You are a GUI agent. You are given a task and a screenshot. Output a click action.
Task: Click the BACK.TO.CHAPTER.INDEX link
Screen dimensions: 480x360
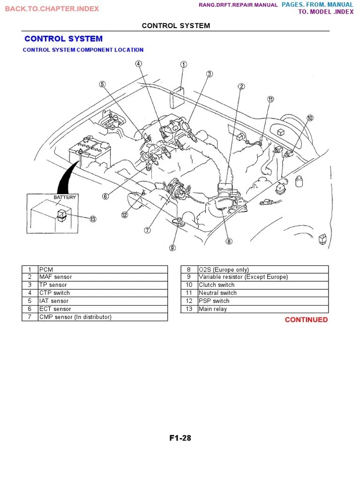(52, 9)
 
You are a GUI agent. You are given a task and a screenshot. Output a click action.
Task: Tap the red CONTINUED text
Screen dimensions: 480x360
(306, 320)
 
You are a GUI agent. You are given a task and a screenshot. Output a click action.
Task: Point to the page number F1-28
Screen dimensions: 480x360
(180, 438)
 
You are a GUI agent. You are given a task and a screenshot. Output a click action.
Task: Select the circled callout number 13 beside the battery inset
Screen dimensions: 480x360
(93, 219)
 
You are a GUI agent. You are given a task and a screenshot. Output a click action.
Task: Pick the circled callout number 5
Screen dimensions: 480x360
(102, 84)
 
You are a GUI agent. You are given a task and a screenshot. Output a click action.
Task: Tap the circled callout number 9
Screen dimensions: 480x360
(172, 248)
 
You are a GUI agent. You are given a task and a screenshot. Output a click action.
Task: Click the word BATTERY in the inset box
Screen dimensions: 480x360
(64, 197)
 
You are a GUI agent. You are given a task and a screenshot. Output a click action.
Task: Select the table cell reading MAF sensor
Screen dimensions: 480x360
(56, 277)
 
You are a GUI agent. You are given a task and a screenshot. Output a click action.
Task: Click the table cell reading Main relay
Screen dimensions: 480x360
(213, 309)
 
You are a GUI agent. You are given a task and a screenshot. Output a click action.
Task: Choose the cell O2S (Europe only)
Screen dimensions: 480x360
(217, 270)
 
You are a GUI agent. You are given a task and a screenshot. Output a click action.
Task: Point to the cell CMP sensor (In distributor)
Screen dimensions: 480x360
(75, 317)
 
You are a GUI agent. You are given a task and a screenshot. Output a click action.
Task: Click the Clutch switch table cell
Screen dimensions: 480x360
(217, 285)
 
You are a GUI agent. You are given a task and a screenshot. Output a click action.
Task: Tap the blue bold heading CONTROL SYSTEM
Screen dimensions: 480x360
(63, 39)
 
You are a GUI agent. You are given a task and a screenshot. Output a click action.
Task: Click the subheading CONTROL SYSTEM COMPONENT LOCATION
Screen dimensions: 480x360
(83, 50)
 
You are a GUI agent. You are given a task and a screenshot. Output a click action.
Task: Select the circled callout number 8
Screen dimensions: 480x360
(229, 242)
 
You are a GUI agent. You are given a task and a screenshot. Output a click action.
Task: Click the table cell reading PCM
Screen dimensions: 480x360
(46, 270)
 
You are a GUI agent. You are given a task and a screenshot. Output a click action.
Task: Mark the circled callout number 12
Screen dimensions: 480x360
(124, 215)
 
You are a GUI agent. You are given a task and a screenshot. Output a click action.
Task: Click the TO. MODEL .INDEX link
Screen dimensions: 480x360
(326, 12)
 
